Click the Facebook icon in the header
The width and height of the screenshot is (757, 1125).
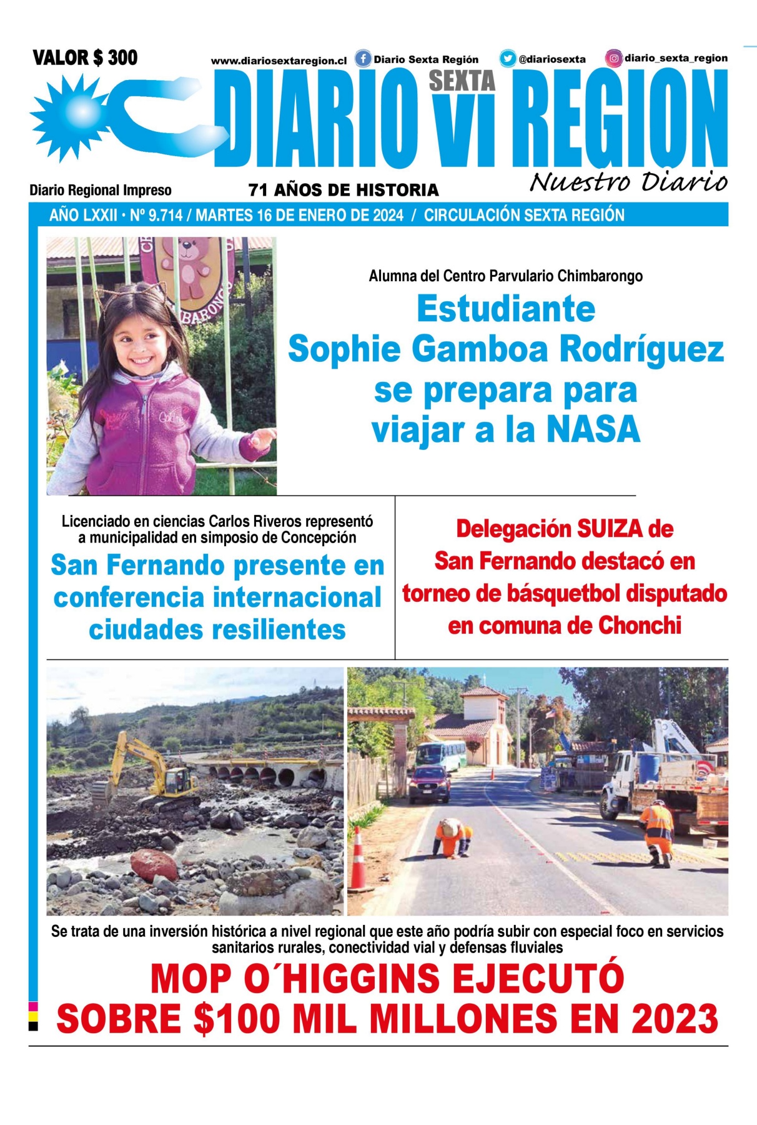click(363, 59)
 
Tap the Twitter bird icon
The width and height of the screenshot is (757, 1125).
click(507, 59)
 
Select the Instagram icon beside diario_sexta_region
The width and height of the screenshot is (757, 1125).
click(614, 58)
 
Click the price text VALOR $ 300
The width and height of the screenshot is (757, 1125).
click(85, 57)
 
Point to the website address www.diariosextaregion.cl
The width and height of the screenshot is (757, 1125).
click(279, 61)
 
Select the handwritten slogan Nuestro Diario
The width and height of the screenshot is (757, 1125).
click(628, 181)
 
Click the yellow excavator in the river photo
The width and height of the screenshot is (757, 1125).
click(150, 775)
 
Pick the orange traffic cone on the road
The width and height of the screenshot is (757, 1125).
click(359, 859)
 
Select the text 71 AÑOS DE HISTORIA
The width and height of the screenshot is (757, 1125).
click(344, 190)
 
